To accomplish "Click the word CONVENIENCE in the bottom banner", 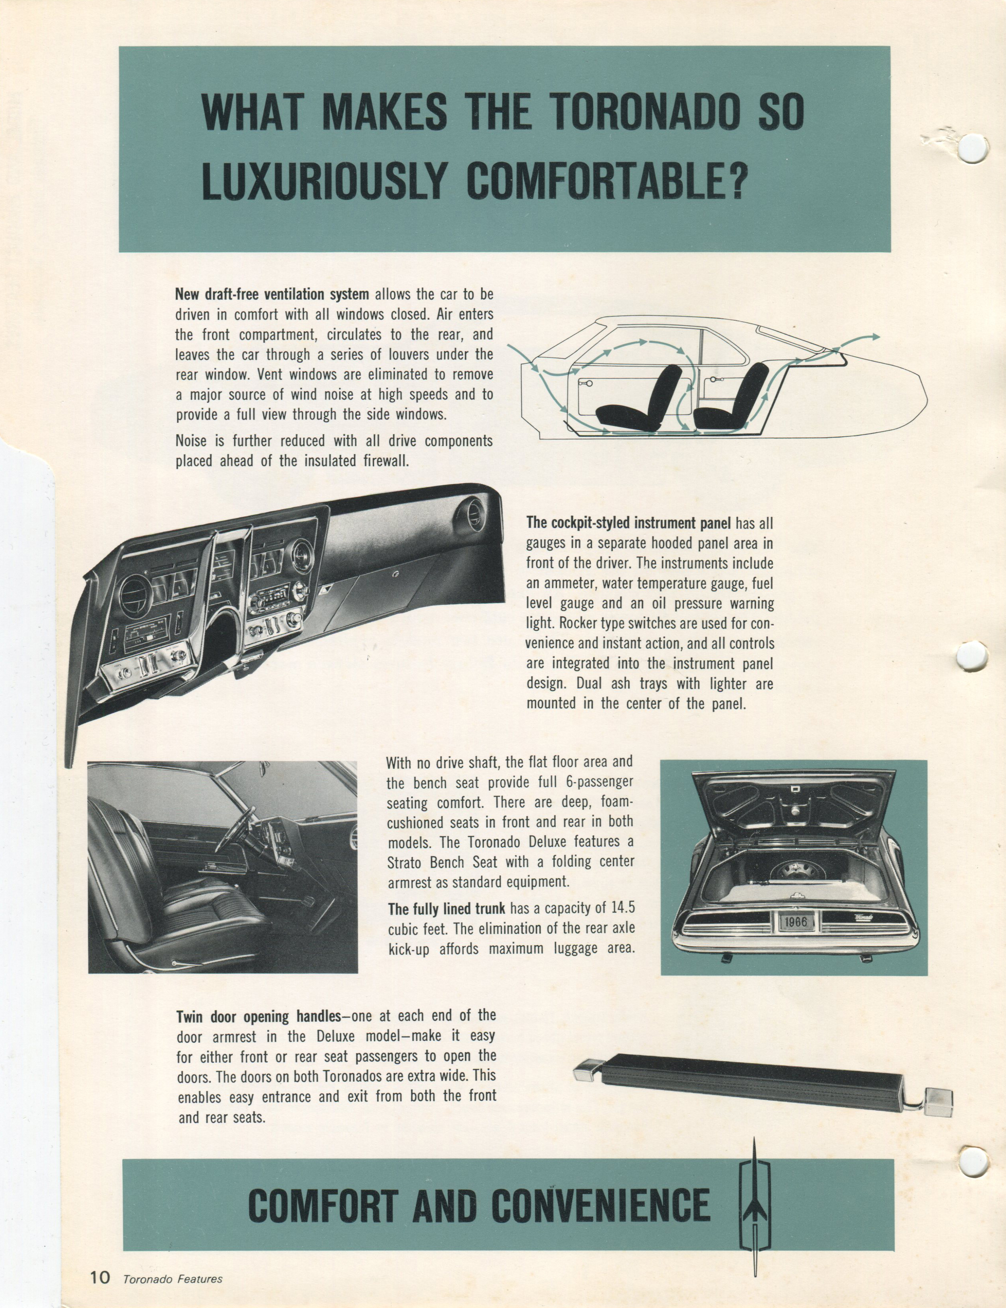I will click(601, 1206).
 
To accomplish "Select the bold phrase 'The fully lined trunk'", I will click(447, 909).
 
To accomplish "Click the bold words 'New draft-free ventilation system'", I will click(272, 295).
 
